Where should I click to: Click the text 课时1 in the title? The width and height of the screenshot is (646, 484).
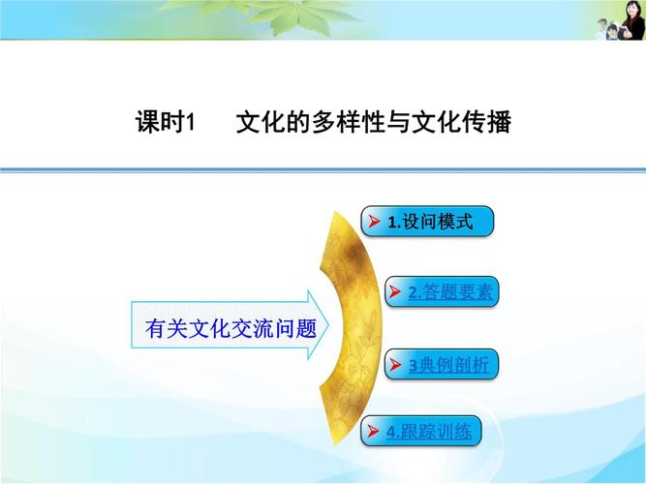point(166,124)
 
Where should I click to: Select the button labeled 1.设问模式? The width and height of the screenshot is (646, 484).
point(428,221)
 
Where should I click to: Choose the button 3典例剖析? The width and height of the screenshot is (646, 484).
point(443,365)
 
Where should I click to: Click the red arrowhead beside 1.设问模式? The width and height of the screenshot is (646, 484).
point(374,222)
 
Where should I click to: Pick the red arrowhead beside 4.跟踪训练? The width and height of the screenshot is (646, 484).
point(374,431)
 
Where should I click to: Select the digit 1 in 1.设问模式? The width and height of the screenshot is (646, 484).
point(390,222)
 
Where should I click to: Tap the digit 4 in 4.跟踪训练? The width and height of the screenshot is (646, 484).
point(390,432)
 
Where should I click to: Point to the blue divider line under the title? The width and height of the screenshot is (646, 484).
point(323,169)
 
